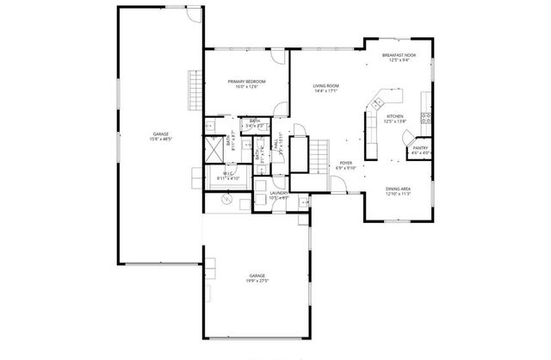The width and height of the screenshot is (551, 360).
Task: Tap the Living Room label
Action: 325,86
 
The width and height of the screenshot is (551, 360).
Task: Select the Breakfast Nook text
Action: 399,55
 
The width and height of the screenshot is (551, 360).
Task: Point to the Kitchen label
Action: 394,116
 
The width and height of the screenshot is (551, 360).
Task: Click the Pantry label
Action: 420,148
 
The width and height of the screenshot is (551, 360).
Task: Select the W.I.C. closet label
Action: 229,174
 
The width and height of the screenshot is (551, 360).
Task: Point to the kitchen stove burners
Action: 424,115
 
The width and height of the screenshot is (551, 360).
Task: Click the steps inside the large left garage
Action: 194,86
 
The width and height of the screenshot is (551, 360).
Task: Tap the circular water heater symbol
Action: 227,198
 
